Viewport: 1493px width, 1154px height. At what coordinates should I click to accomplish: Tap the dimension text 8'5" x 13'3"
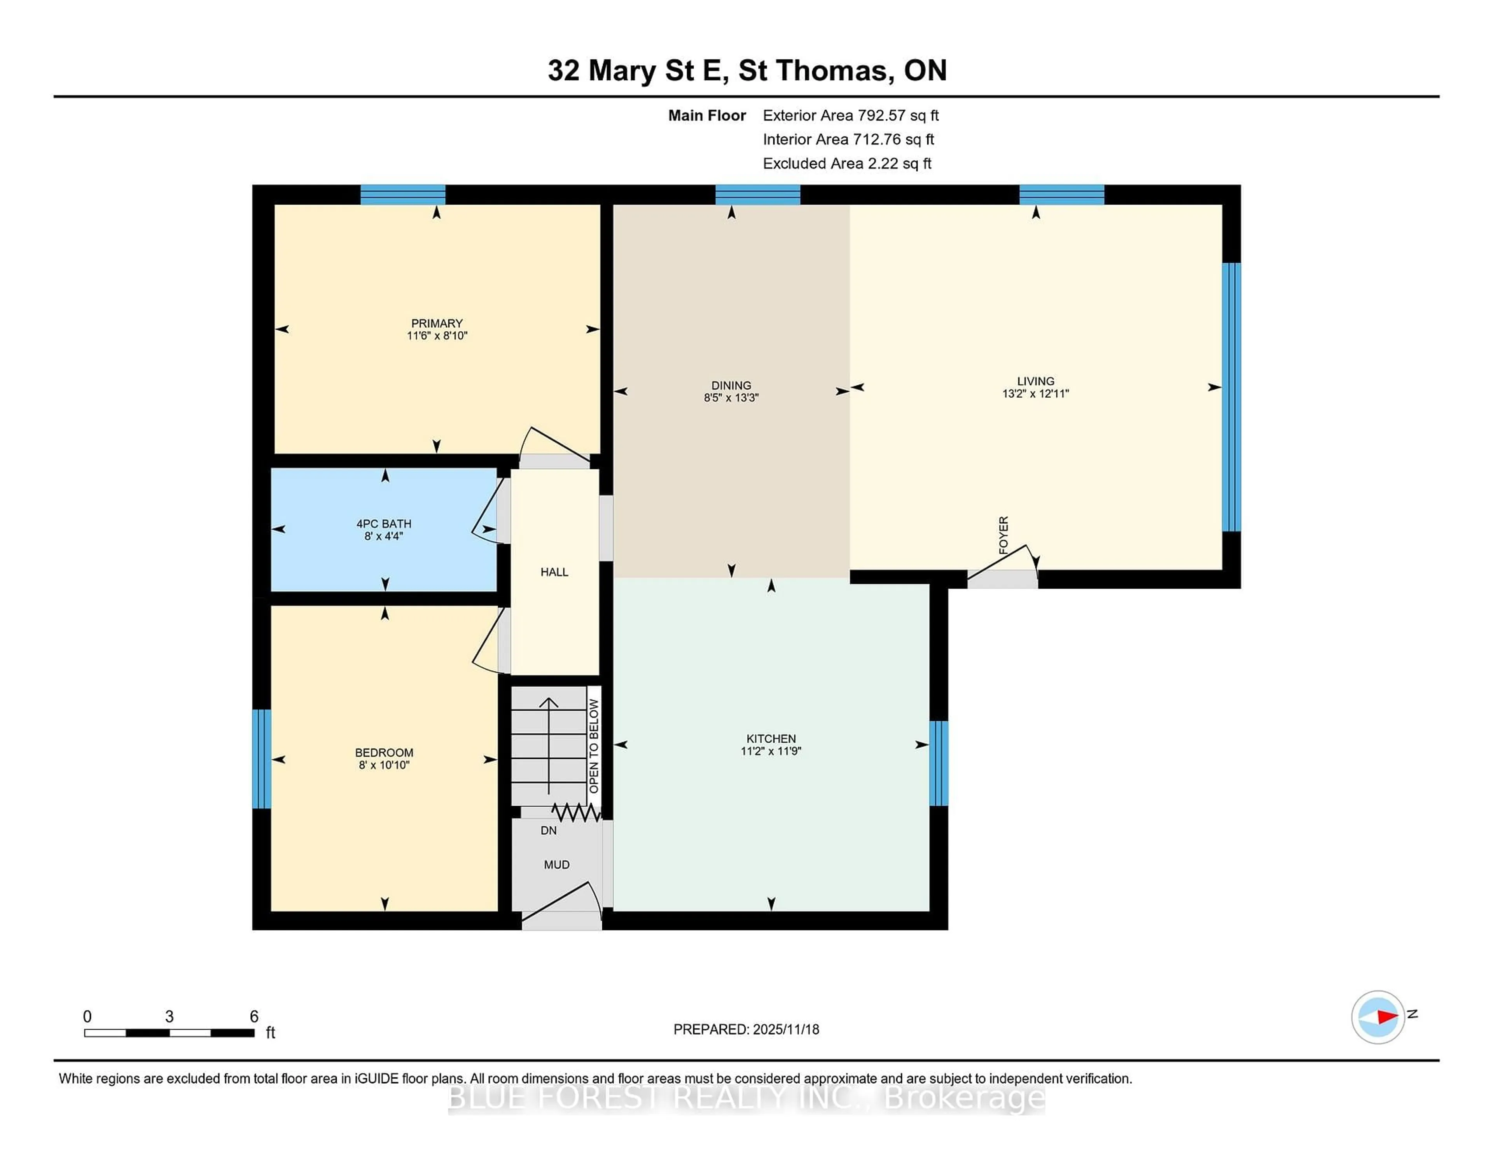pyautogui.click(x=731, y=397)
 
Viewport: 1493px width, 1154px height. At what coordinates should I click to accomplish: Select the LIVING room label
pyautogui.click(x=1035, y=381)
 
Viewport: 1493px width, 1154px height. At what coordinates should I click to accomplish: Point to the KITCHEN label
pyautogui.click(x=771, y=738)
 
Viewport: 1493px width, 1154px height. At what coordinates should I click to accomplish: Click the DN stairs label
pyautogui.click(x=548, y=830)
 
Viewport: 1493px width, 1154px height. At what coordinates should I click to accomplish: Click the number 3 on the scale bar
pyautogui.click(x=169, y=1016)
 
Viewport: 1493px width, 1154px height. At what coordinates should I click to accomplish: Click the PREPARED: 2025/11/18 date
pyautogui.click(x=746, y=1029)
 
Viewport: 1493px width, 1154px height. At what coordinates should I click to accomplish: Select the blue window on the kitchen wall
pyautogui.click(x=939, y=763)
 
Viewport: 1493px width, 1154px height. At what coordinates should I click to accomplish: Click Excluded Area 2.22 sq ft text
pyautogui.click(x=846, y=163)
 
